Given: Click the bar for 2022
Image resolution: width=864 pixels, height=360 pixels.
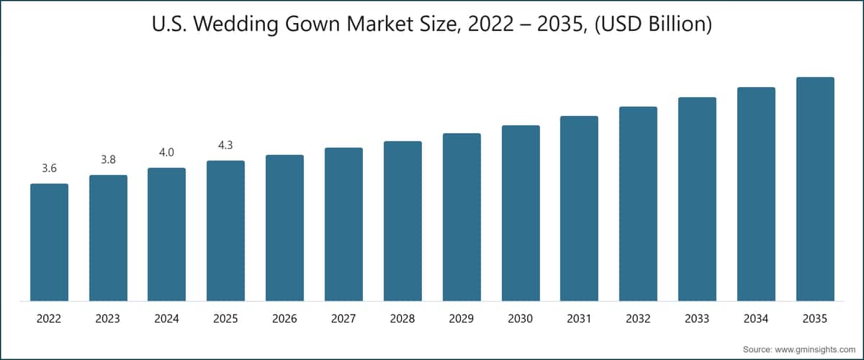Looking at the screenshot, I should click(49, 242).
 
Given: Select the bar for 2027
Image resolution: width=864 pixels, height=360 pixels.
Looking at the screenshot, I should click(343, 224).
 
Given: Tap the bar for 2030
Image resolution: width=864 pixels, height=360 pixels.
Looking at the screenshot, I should click(521, 213).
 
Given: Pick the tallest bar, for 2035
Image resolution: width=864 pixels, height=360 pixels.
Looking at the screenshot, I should click(815, 189).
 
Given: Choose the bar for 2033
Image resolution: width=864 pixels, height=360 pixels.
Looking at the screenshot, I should click(697, 199).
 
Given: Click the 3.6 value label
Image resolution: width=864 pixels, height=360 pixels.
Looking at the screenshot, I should click(49, 168).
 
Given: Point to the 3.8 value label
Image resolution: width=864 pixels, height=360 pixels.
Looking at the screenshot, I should click(108, 160).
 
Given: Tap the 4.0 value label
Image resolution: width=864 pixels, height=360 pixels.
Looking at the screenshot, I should click(166, 152).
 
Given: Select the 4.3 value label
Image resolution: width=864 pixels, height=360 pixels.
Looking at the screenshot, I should click(225, 145).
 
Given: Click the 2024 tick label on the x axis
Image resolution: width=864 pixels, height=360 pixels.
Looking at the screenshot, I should click(166, 318).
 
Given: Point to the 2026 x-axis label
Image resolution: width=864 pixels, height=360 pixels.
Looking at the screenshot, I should click(284, 318).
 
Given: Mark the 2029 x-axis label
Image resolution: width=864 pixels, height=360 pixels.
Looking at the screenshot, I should click(462, 318).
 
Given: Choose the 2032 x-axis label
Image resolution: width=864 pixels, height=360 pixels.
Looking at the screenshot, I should click(638, 318).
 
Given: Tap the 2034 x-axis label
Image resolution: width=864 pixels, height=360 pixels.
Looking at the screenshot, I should click(756, 318).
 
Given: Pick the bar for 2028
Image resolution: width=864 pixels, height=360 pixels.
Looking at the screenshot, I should click(402, 221).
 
